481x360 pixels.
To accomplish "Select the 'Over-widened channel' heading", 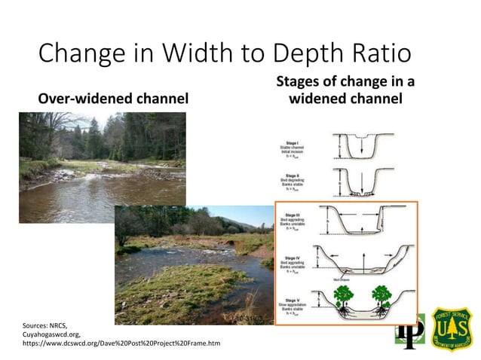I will click(113, 99).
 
